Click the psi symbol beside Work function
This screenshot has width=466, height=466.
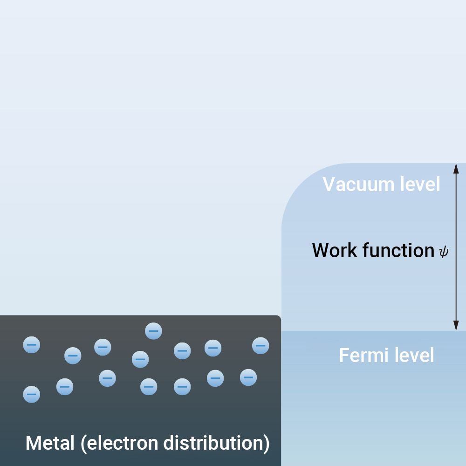coord(444,252)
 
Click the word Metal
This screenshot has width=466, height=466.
coord(50,443)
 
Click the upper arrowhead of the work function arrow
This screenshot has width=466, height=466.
coord(456,168)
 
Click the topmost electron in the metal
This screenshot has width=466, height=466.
coord(153,331)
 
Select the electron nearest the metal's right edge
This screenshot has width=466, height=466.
coord(260,345)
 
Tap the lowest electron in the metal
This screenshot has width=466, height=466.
coord(32,394)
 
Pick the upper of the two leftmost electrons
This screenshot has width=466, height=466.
coord(32,345)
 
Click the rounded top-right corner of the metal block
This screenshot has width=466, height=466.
coord(278,318)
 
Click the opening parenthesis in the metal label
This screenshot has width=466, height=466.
coord(84,443)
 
